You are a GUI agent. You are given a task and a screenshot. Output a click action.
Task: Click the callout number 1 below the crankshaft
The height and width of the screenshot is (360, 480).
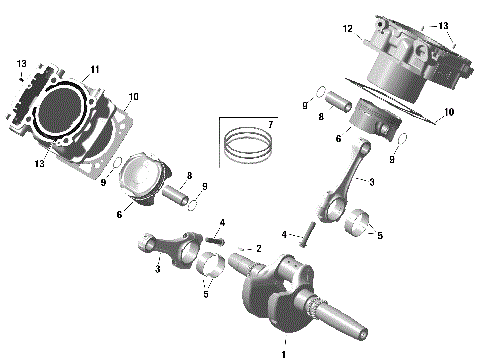tap(283, 353)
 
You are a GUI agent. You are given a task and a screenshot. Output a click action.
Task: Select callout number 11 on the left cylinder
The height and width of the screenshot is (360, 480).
tap(95, 69)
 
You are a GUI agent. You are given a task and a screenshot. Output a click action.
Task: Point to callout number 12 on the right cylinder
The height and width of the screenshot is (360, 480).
tap(349, 29)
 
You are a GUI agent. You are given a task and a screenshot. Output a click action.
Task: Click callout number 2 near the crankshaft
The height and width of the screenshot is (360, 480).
tap(258, 247)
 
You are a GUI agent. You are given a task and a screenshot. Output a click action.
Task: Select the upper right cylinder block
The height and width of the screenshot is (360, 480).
tap(410, 55)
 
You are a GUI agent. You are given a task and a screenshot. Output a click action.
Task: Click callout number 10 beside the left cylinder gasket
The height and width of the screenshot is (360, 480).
tap(134, 96)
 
